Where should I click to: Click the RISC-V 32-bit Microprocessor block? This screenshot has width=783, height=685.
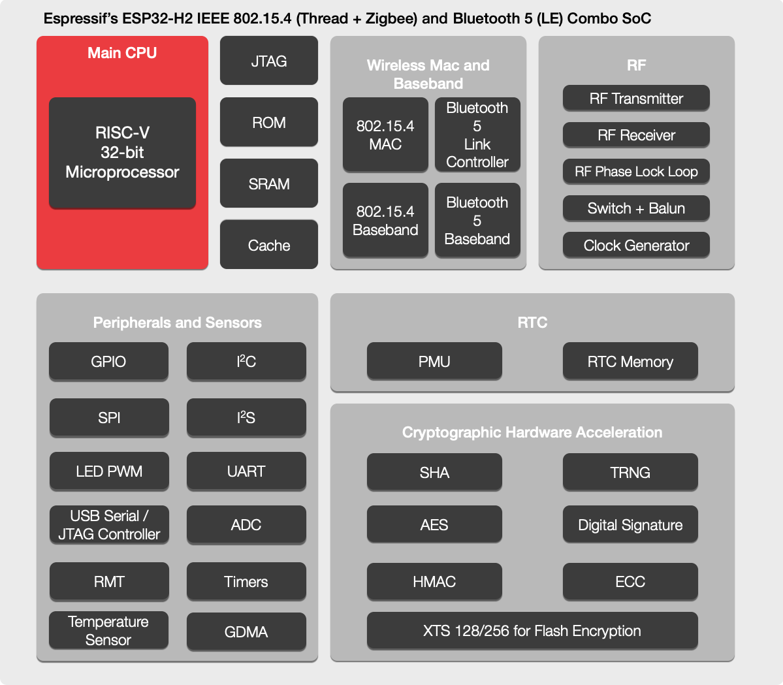click(122, 153)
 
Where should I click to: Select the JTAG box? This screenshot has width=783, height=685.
click(268, 61)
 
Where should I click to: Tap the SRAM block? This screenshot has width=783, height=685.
click(268, 183)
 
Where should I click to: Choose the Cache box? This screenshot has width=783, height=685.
click(268, 245)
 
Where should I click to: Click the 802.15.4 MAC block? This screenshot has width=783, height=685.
click(385, 135)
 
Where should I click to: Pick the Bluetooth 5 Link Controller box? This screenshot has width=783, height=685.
click(477, 135)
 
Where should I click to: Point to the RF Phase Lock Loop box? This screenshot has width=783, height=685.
click(636, 172)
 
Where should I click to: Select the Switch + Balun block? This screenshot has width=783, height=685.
click(636, 208)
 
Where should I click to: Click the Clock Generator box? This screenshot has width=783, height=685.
click(636, 246)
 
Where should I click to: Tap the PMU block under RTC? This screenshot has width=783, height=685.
click(434, 361)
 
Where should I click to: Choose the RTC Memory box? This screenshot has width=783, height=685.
click(630, 361)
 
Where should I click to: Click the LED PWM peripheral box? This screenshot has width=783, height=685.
click(109, 471)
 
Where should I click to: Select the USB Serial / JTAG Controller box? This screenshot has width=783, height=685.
click(109, 524)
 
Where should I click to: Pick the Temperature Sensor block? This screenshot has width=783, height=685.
click(108, 630)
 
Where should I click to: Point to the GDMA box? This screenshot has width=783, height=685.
click(246, 631)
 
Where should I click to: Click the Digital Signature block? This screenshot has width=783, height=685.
click(630, 524)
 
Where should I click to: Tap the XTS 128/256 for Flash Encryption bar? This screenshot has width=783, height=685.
click(532, 630)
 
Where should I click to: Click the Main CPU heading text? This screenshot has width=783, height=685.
click(122, 53)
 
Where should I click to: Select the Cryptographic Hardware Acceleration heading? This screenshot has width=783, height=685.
click(532, 432)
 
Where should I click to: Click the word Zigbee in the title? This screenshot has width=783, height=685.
click(391, 18)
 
